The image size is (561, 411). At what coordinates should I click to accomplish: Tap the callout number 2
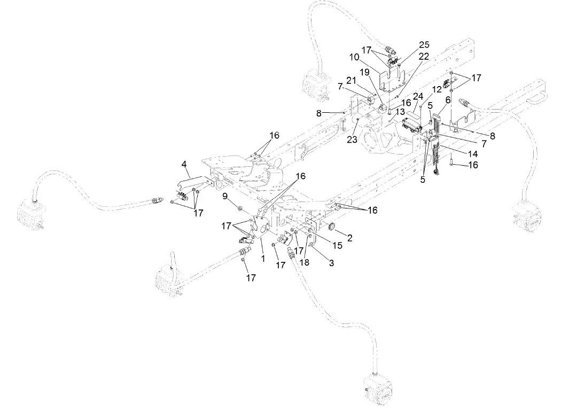point(350,238)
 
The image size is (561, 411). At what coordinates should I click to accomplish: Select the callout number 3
point(331,263)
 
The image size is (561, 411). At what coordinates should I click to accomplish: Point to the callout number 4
point(184,166)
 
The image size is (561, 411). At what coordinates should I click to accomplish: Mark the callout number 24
point(418,96)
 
